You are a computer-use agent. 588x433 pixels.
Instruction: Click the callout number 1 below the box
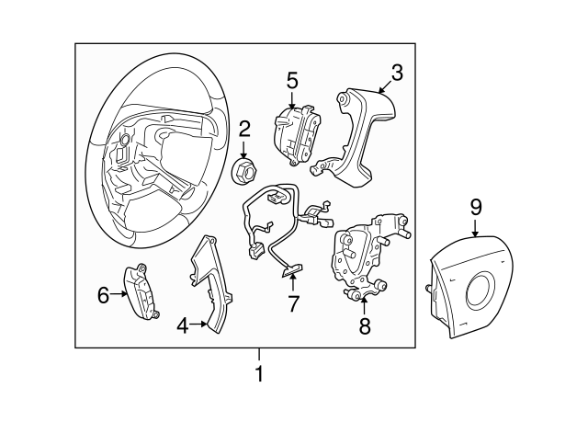click(259, 374)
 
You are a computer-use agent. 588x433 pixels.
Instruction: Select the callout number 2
click(245, 128)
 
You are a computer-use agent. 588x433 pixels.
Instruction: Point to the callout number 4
click(183, 324)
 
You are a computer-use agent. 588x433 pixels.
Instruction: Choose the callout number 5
click(291, 80)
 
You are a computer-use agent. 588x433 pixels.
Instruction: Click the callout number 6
click(103, 294)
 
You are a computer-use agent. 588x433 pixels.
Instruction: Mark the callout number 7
click(293, 303)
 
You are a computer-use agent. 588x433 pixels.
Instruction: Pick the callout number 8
click(364, 325)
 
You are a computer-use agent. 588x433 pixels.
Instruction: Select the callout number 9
click(476, 207)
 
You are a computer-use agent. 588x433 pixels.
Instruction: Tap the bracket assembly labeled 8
click(366, 257)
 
